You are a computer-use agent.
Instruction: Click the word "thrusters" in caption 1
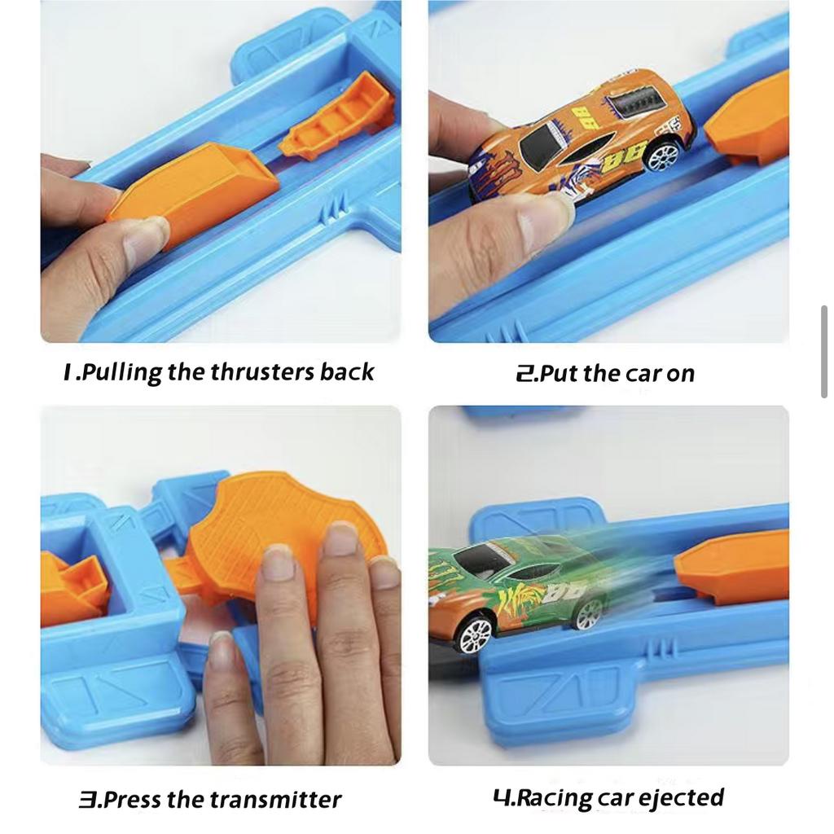point(262,371)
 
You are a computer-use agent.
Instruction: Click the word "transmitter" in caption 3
point(275,800)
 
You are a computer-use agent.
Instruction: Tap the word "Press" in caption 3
point(131,800)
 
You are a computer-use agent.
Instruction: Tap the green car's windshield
point(481,560)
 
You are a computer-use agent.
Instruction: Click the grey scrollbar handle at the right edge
point(824,352)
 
